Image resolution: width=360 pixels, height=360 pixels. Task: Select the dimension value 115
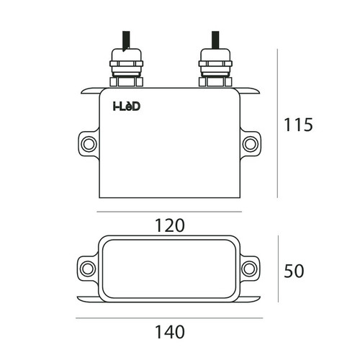coord(297,125)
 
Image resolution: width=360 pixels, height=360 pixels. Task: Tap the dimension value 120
coord(169,225)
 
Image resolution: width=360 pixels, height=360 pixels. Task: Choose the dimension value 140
coord(169,333)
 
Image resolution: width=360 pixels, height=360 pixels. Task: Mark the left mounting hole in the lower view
coord(88,269)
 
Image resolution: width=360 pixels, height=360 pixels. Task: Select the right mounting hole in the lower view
coord(249,269)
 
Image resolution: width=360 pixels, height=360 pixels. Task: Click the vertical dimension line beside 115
coord(278,125)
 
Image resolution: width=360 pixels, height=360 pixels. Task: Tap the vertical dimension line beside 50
coord(278,271)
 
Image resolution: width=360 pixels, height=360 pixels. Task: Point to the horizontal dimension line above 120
coord(169,212)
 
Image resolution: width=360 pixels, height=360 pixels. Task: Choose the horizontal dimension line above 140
coord(169,318)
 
